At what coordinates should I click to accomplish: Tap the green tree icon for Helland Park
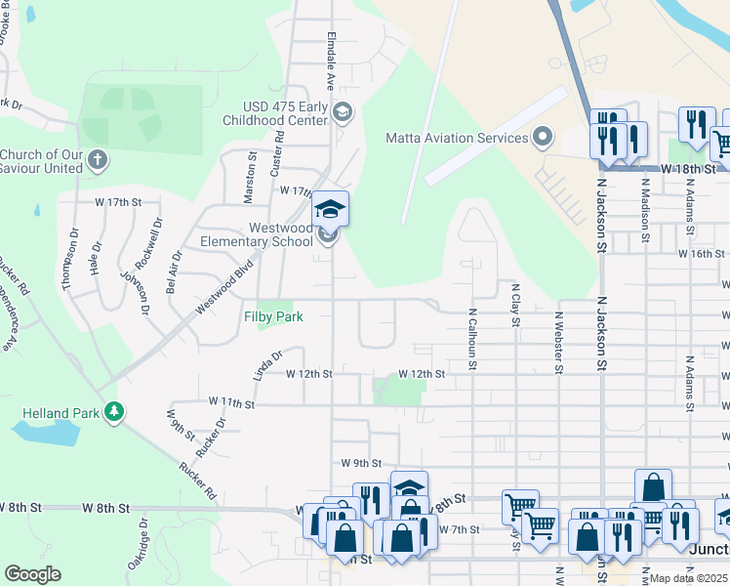pyautogui.click(x=115, y=412)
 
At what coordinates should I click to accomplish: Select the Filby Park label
pyautogui.click(x=273, y=316)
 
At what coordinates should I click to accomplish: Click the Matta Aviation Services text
pyautogui.click(x=456, y=138)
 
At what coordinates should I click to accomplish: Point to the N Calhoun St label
pyautogui.click(x=472, y=340)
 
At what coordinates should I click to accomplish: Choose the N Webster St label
pyautogui.click(x=559, y=342)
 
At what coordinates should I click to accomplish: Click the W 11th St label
pyautogui.click(x=231, y=402)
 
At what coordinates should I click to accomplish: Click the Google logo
pyautogui.click(x=32, y=573)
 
